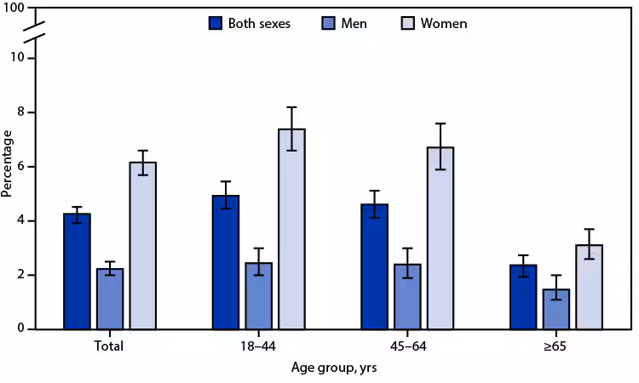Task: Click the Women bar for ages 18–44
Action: click(291, 229)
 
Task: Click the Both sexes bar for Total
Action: click(77, 272)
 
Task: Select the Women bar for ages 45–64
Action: click(440, 238)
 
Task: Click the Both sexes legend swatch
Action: click(216, 23)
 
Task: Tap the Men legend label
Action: click(354, 23)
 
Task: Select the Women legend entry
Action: click(435, 23)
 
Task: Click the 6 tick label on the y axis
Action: click(29, 167)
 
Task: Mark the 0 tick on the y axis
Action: click(29, 329)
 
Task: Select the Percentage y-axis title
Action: click(8, 163)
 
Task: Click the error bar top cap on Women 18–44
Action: click(291, 107)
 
